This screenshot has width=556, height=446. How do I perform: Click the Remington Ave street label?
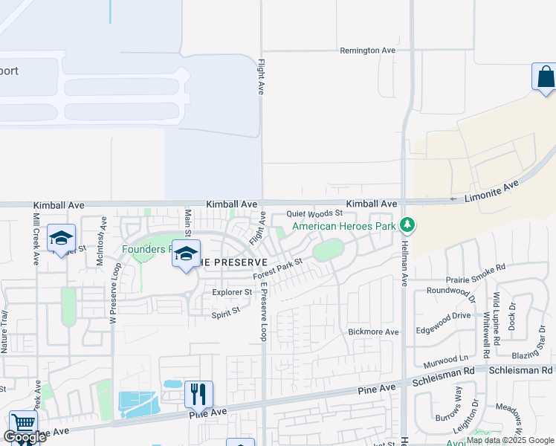(x=367, y=51)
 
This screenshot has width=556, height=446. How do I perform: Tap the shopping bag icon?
(x=545, y=77)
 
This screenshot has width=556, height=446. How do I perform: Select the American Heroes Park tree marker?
(x=407, y=224)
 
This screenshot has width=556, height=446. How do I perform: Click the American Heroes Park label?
(x=343, y=226)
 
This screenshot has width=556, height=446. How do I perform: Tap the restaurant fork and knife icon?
(x=198, y=393)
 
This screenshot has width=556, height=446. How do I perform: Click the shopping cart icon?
(x=23, y=422)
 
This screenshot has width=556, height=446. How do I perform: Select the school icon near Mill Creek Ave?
(x=61, y=238)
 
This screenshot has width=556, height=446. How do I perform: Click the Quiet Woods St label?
(x=314, y=214)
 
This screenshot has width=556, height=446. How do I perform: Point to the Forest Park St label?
(x=278, y=269)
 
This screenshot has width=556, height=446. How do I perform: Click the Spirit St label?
(x=226, y=313)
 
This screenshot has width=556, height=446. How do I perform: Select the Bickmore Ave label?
(x=374, y=332)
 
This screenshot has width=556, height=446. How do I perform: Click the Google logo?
(x=25, y=438)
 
